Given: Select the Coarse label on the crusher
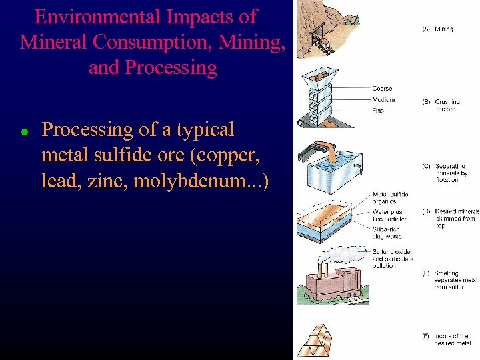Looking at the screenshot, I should pyautogui.click(x=382, y=89).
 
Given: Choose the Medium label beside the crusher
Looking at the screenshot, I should pyautogui.click(x=383, y=100).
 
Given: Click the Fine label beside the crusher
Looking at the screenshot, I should pyautogui.click(x=379, y=111).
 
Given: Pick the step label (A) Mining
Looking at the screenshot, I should pyautogui.click(x=439, y=29).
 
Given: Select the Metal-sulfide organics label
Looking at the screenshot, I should pyautogui.click(x=389, y=198).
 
